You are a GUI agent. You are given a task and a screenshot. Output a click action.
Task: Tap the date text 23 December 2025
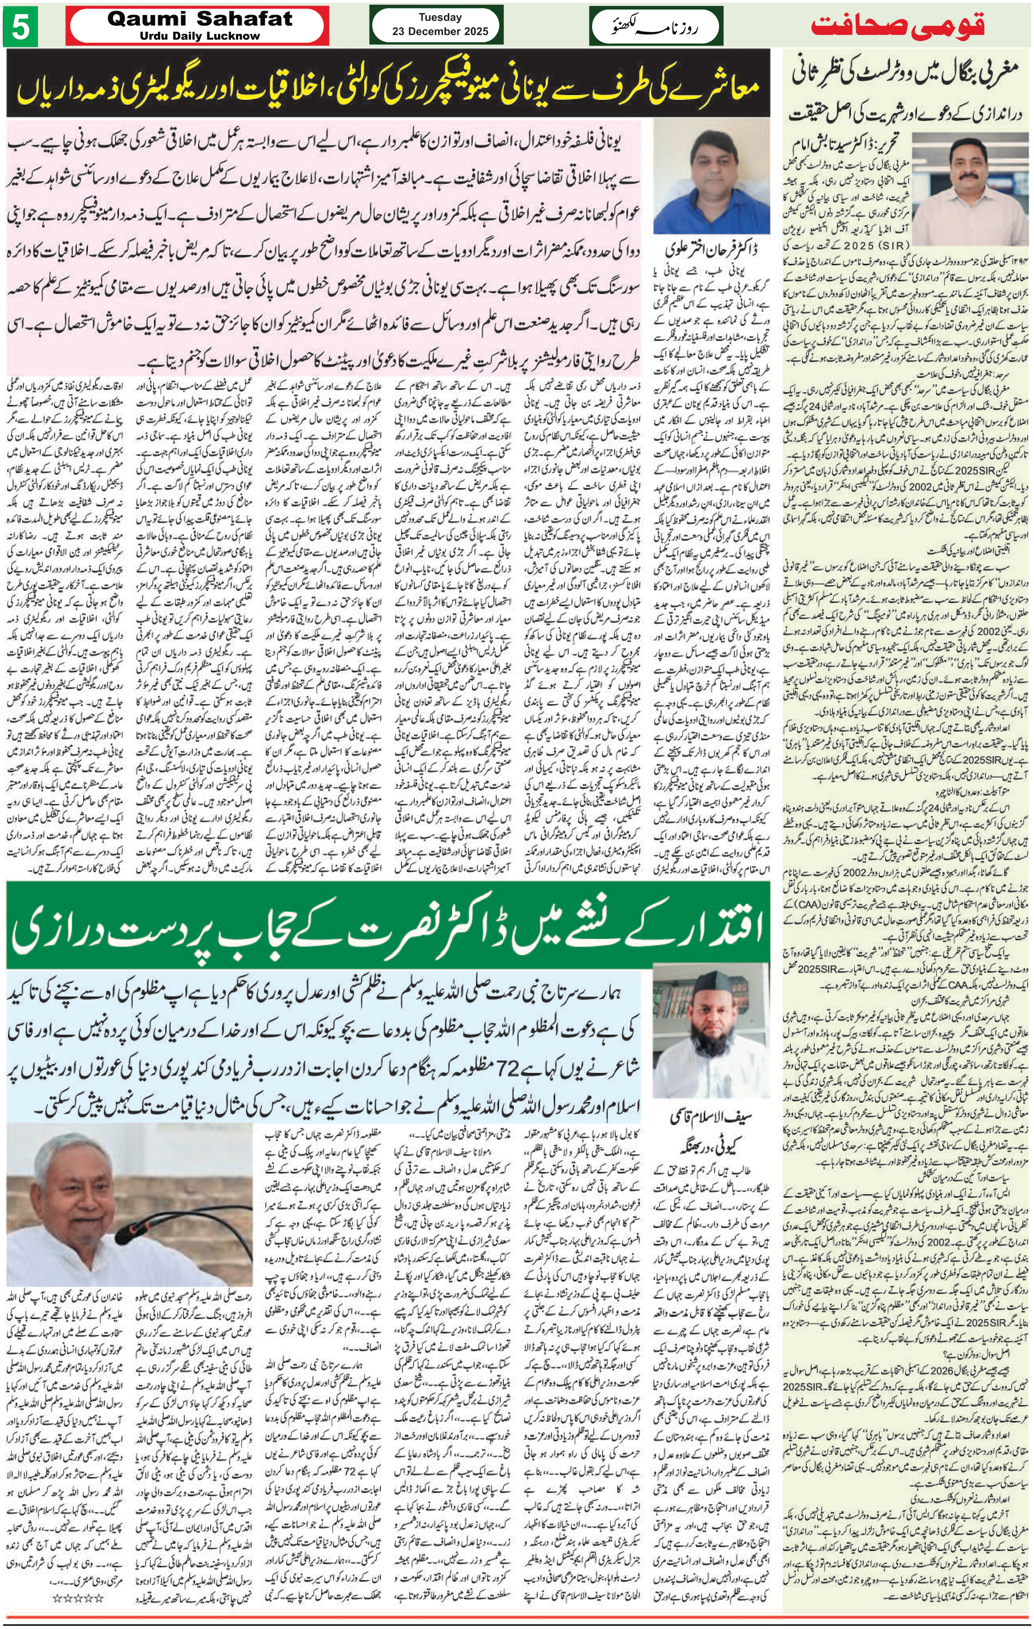coord(440,31)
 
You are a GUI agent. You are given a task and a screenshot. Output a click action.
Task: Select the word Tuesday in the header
coord(440,17)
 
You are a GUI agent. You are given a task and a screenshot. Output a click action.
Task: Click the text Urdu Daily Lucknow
coord(200,36)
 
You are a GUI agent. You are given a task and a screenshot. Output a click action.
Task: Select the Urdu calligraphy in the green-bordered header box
coord(655,26)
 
